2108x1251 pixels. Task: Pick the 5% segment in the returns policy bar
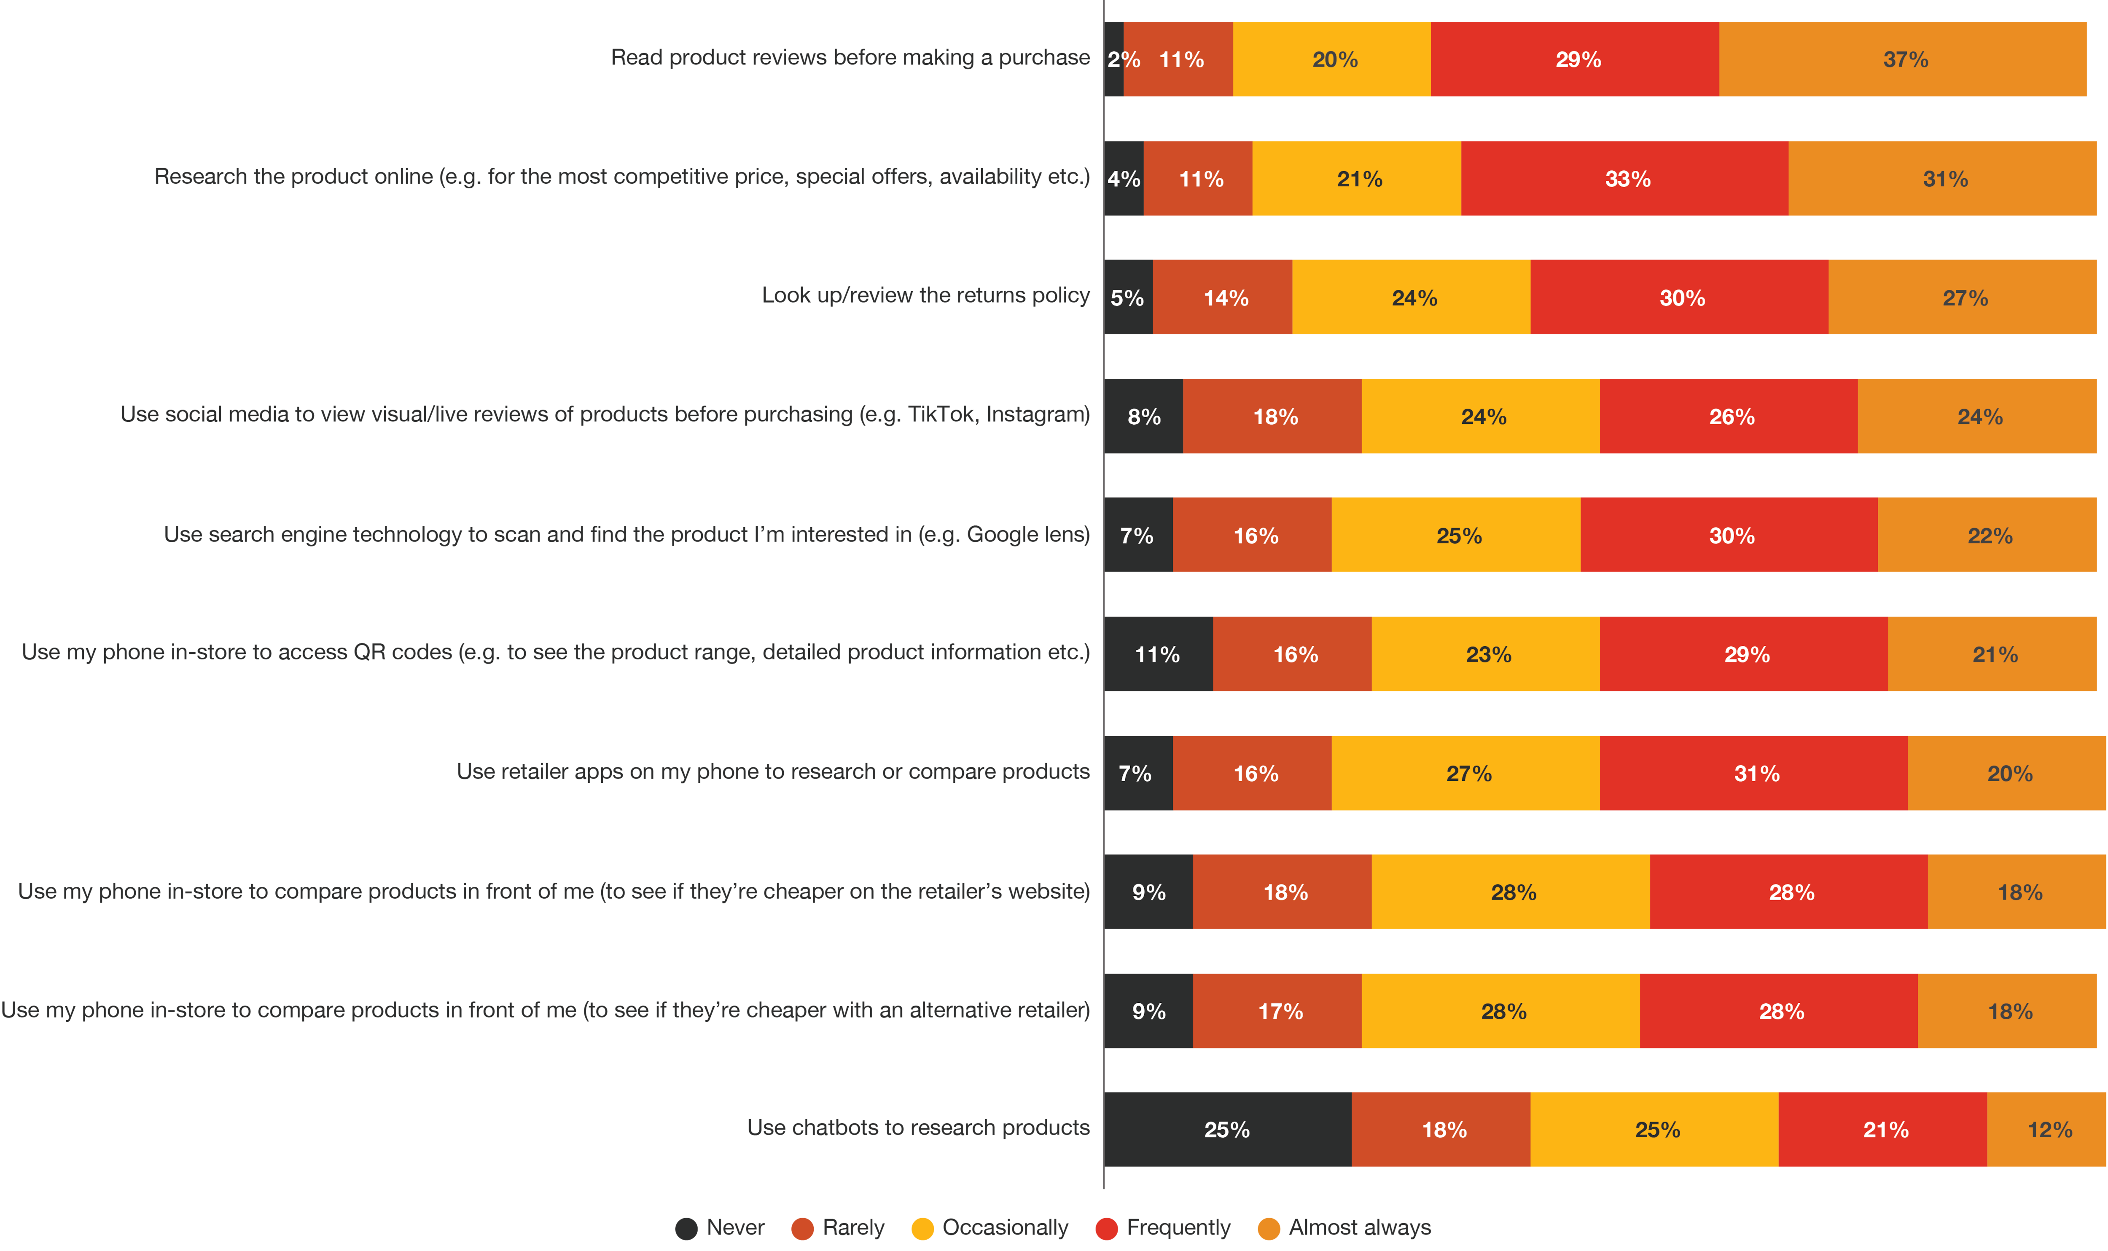point(1128,297)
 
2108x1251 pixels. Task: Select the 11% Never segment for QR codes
point(1159,654)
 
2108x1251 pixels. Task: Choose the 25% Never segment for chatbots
point(1228,1130)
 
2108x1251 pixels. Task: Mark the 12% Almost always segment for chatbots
point(2047,1130)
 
